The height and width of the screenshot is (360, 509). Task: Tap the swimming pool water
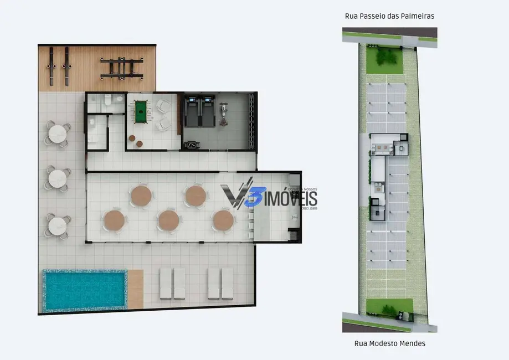(84, 290)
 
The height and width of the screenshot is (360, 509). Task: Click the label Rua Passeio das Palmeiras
(389, 16)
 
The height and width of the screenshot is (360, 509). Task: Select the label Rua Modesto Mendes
(390, 343)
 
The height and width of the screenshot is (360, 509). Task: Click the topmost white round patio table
(58, 134)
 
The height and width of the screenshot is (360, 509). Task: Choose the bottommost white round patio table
(58, 227)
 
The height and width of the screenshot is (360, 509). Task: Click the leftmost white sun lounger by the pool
(166, 283)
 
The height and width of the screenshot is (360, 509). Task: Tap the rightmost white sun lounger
(228, 283)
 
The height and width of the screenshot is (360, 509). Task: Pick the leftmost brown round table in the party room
(114, 220)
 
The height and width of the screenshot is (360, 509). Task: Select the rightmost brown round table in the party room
(223, 220)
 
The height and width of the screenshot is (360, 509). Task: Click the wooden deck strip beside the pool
(135, 289)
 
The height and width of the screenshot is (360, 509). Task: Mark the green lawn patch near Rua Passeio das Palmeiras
(387, 56)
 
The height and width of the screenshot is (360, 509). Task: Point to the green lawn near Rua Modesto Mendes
(390, 307)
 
